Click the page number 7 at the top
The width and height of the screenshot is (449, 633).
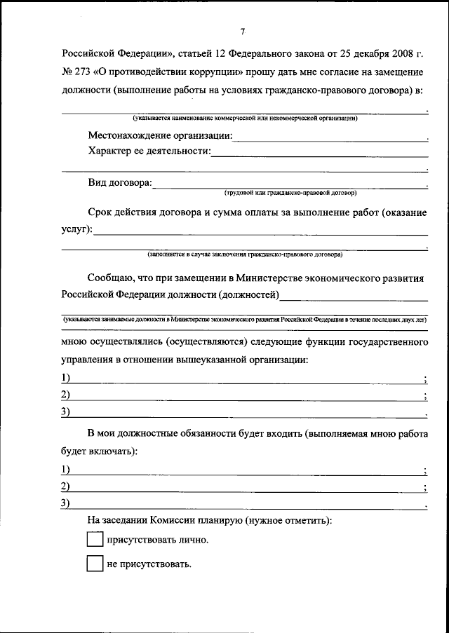(x=242, y=32)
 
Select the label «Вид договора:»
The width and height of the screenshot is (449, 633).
(x=119, y=183)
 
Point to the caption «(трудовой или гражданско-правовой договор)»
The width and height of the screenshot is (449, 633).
(x=290, y=192)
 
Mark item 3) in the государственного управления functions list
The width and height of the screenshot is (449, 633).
(x=66, y=412)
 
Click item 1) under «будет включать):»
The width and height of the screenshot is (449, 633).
(x=66, y=470)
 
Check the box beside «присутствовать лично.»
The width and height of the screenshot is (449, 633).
(x=94, y=540)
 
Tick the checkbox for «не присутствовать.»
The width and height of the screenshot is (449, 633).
(x=94, y=564)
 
